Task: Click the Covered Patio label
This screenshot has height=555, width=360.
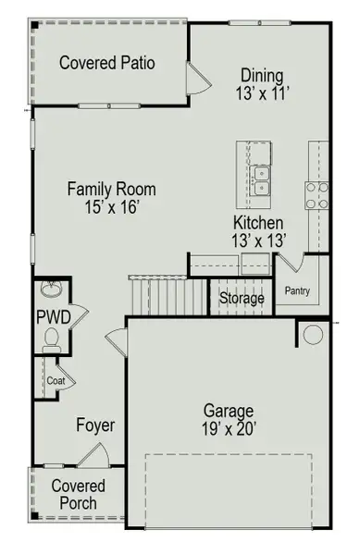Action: click(x=106, y=63)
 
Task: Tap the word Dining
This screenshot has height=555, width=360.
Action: click(x=262, y=75)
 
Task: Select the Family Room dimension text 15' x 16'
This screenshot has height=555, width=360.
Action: click(x=111, y=208)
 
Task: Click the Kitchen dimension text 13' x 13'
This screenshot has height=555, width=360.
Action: click(x=258, y=240)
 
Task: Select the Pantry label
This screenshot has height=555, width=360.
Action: click(x=297, y=291)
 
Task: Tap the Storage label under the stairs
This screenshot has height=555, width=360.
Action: click(x=242, y=299)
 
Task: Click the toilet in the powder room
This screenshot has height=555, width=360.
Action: click(x=51, y=345)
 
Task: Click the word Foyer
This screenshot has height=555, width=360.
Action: click(x=95, y=425)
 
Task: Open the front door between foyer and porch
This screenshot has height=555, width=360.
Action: click(x=94, y=455)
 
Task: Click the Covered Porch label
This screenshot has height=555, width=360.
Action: click(x=78, y=495)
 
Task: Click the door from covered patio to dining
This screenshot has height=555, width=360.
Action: click(x=196, y=79)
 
